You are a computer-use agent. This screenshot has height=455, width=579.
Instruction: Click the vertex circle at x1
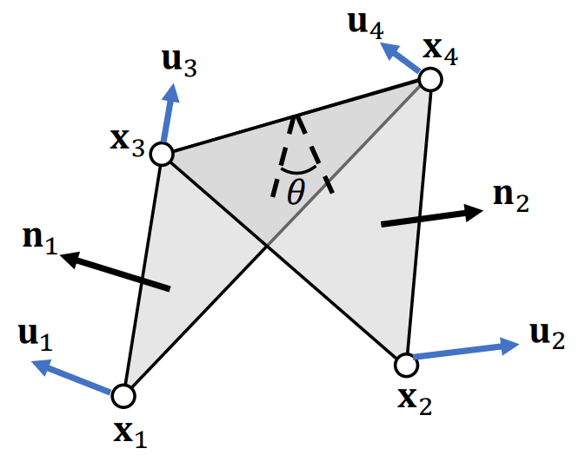tap(123, 396)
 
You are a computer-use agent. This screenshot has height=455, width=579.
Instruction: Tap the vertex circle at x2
tap(405, 364)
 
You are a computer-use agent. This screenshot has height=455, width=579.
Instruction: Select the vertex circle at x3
tap(162, 155)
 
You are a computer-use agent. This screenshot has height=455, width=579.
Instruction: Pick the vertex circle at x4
tap(430, 80)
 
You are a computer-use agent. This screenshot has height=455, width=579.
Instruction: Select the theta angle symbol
tap(296, 192)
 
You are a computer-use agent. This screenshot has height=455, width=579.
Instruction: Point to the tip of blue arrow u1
tap(33, 363)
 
